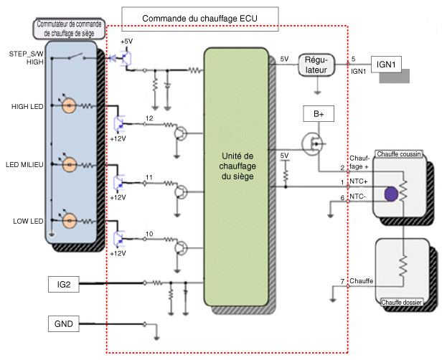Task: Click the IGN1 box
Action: (388, 64)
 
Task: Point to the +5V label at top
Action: (128, 42)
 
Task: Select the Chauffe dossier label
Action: (402, 303)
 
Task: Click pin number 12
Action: (149, 118)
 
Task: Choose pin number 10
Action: (149, 235)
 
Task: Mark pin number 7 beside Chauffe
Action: (343, 280)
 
